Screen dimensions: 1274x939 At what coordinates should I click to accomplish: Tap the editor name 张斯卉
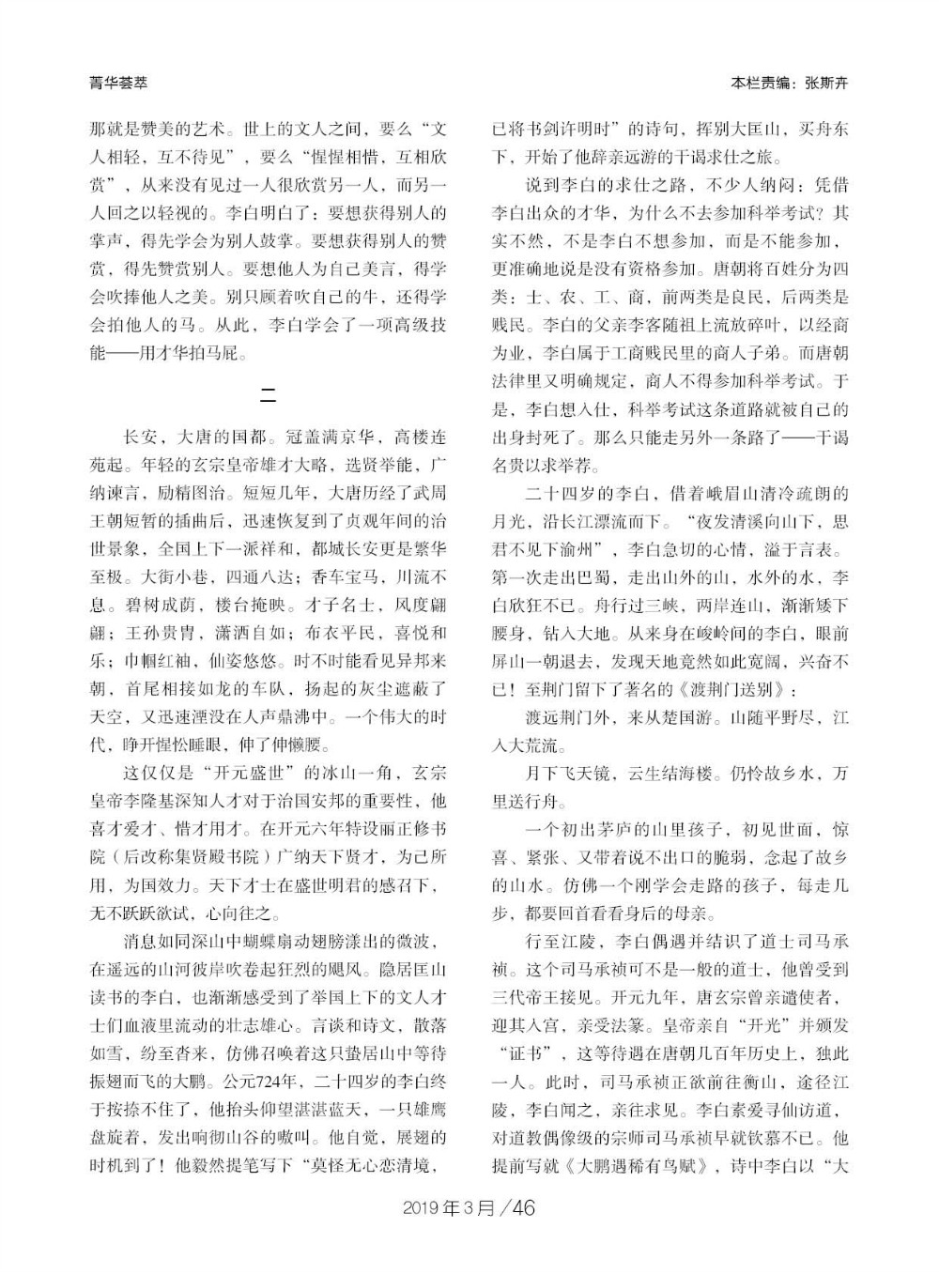click(826, 83)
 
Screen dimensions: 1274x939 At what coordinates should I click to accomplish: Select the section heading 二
click(268, 394)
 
